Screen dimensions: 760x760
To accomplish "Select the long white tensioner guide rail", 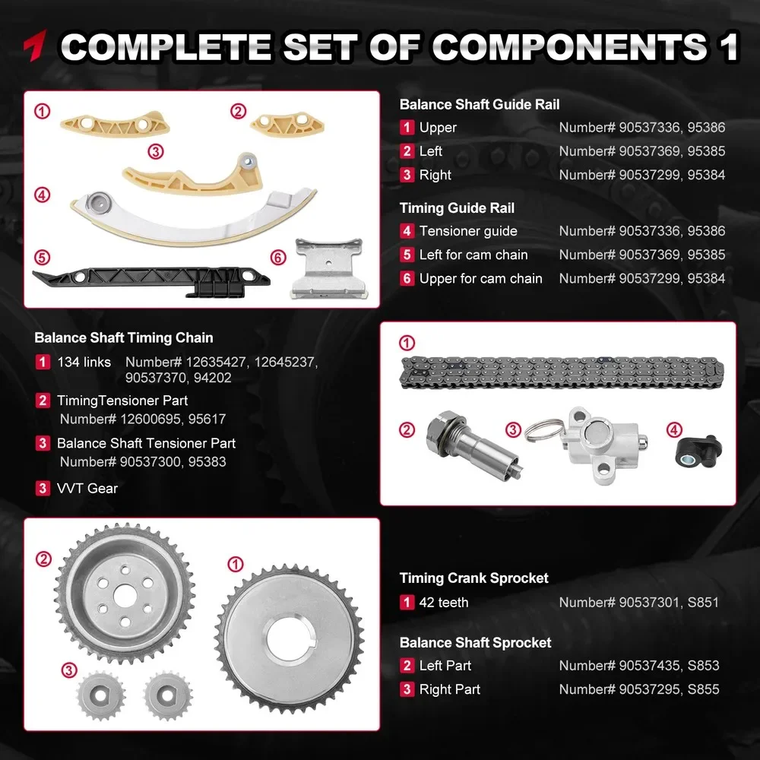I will tap(190, 217).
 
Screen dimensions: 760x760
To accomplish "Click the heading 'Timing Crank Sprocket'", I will tap(474, 578).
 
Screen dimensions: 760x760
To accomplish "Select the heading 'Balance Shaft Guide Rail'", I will tap(480, 104).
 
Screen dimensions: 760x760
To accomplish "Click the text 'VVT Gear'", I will tap(87, 488).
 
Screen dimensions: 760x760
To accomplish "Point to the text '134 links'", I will tap(84, 362).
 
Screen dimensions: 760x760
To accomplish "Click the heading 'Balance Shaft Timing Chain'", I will tap(124, 338).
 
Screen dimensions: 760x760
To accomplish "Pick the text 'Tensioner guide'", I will tap(468, 231).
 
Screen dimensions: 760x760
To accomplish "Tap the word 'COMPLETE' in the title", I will tap(166, 47).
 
